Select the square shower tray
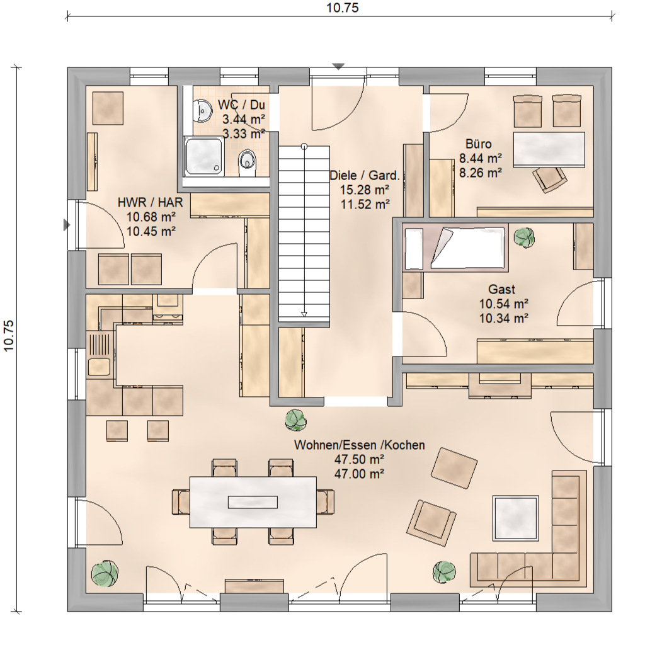tap(205, 157)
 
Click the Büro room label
tap(479, 144)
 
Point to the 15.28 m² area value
tap(365, 190)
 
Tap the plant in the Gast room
tap(524, 237)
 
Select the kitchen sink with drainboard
tap(99, 355)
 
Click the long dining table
tap(253, 502)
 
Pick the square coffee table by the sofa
tap(516, 518)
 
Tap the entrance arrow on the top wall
tap(338, 67)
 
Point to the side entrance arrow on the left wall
tap(66, 225)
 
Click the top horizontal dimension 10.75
tap(342, 8)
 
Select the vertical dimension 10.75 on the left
tap(8, 336)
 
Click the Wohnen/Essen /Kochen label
tap(360, 445)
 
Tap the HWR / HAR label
tap(150, 202)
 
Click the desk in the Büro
tap(549, 150)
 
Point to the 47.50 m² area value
tap(359, 459)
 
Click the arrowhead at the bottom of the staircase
tap(304, 315)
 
